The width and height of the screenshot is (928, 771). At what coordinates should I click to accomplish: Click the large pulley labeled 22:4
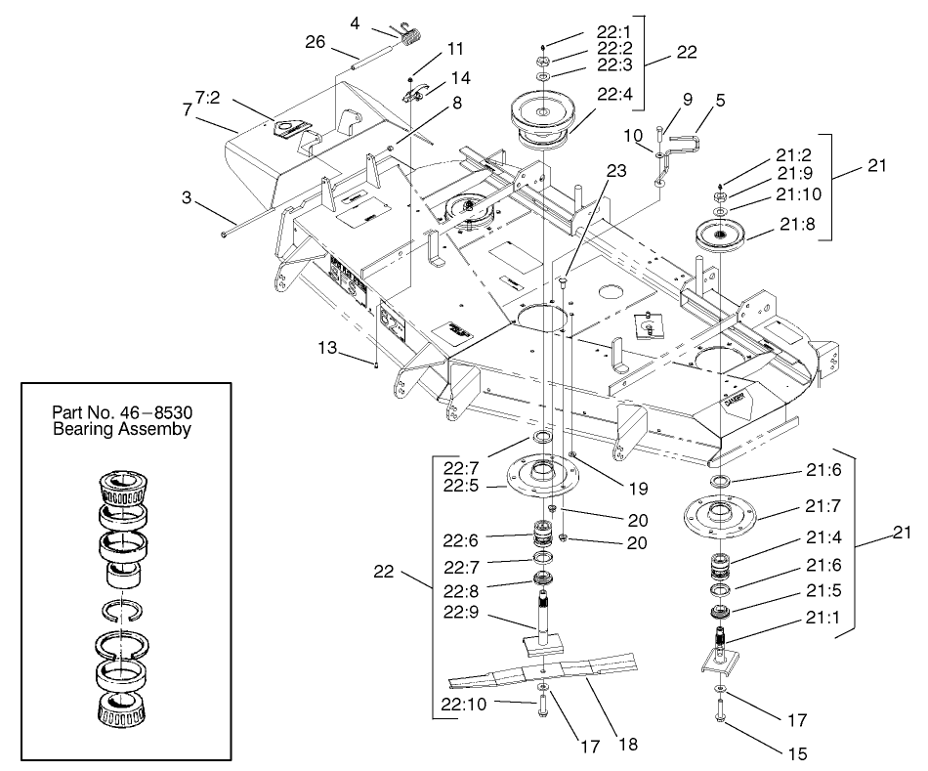[x=542, y=120]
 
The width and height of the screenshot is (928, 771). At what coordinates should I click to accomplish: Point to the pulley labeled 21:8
[x=721, y=236]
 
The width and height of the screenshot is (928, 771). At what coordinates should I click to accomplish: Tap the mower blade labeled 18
[x=547, y=672]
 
